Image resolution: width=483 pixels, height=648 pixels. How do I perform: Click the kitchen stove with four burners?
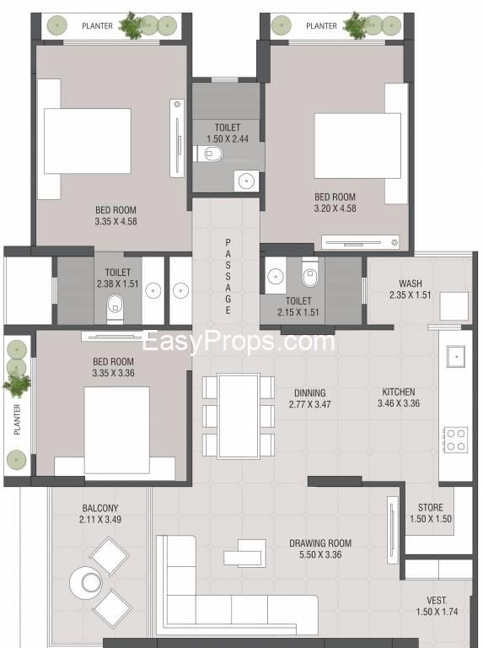(x=456, y=440)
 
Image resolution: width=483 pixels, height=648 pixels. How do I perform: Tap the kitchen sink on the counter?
(x=456, y=357)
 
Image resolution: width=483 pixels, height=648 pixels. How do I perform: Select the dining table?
(x=239, y=416)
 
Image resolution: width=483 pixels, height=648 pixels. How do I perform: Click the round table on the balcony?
(x=86, y=582)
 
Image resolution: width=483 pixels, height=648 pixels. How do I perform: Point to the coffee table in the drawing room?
(x=244, y=553)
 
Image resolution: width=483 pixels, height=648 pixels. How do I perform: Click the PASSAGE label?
(x=228, y=277)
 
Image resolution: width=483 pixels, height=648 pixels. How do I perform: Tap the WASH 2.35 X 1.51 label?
(x=411, y=289)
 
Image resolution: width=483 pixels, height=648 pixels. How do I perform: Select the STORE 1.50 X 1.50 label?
(x=431, y=513)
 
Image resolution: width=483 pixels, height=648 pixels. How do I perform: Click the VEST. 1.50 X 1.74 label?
(x=437, y=606)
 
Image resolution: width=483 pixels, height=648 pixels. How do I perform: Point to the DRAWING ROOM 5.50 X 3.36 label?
(x=320, y=548)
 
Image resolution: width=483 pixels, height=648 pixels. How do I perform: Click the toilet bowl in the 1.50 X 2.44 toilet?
(x=210, y=154)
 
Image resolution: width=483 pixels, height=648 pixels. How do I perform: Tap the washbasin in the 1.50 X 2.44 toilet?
(x=246, y=181)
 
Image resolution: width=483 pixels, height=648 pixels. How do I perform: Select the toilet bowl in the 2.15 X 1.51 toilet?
(x=309, y=273)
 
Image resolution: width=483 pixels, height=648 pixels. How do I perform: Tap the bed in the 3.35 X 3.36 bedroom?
(x=116, y=430)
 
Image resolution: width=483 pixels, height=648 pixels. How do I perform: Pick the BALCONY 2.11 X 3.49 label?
(x=100, y=514)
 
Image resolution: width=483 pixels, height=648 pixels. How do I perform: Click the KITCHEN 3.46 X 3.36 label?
(x=399, y=397)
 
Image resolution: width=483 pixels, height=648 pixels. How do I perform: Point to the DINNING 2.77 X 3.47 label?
(x=310, y=398)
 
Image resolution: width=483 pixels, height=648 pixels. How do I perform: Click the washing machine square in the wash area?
(x=453, y=306)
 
